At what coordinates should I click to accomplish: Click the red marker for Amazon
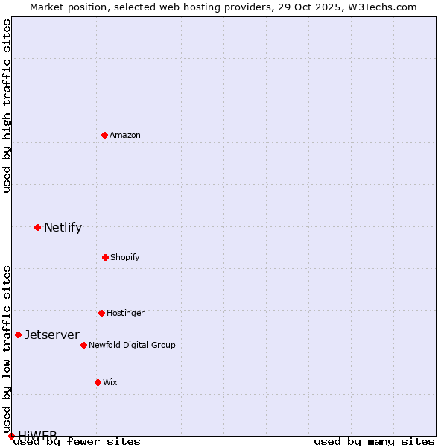click(104, 135)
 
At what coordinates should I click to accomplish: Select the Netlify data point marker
click(37, 227)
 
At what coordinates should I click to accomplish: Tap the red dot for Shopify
click(105, 257)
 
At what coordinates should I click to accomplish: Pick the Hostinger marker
click(101, 313)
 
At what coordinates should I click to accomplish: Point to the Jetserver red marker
click(18, 335)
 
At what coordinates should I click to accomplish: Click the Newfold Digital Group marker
click(83, 345)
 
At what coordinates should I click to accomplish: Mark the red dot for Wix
click(98, 382)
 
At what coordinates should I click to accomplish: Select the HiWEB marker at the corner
click(11, 436)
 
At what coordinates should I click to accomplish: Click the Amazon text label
click(125, 135)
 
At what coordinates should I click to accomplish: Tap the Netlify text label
click(63, 227)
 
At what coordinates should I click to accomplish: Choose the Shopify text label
click(125, 257)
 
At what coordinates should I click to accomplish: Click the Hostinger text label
click(125, 313)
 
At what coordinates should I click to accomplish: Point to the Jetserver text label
click(52, 335)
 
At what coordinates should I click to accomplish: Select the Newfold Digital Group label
click(132, 345)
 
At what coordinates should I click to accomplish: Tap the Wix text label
click(110, 382)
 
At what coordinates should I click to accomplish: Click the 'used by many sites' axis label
click(374, 441)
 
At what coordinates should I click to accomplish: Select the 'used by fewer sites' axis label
click(77, 441)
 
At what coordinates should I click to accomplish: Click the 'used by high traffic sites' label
click(7, 106)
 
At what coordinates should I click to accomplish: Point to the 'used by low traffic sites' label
click(7, 343)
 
